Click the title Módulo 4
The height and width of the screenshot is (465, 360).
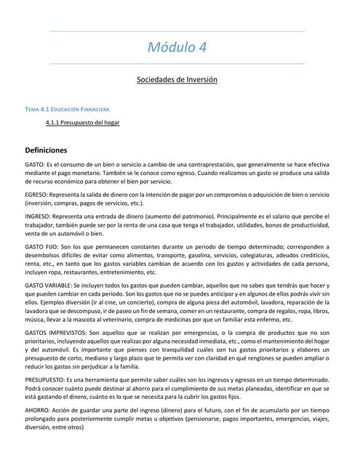click(x=177, y=48)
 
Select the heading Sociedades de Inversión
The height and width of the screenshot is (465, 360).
click(x=177, y=78)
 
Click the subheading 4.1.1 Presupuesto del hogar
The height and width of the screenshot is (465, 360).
click(x=82, y=123)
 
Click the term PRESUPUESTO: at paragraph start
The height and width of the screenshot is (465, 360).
click(x=45, y=380)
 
